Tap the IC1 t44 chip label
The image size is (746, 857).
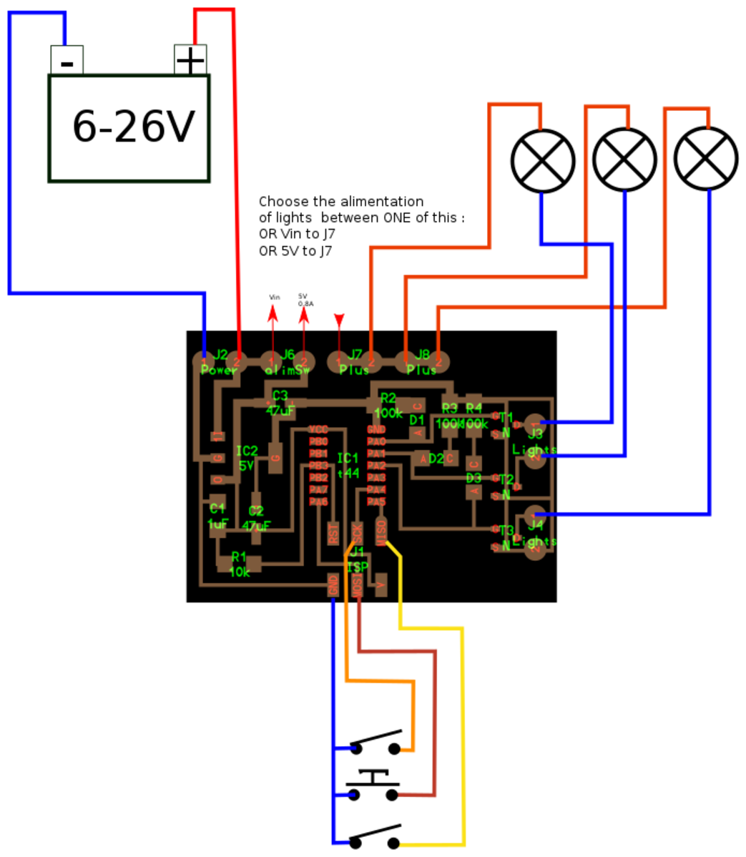[348, 465]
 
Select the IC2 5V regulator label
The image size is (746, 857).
[247, 458]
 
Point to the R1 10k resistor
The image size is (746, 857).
[239, 564]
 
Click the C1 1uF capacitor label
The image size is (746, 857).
[217, 515]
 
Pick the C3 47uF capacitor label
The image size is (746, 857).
[280, 403]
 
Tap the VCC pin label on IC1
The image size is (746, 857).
[318, 429]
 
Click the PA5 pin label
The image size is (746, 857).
[376, 501]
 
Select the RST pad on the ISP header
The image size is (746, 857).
[333, 532]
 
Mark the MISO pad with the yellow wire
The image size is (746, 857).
[381, 531]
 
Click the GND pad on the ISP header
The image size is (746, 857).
[333, 585]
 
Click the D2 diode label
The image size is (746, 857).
[436, 458]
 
